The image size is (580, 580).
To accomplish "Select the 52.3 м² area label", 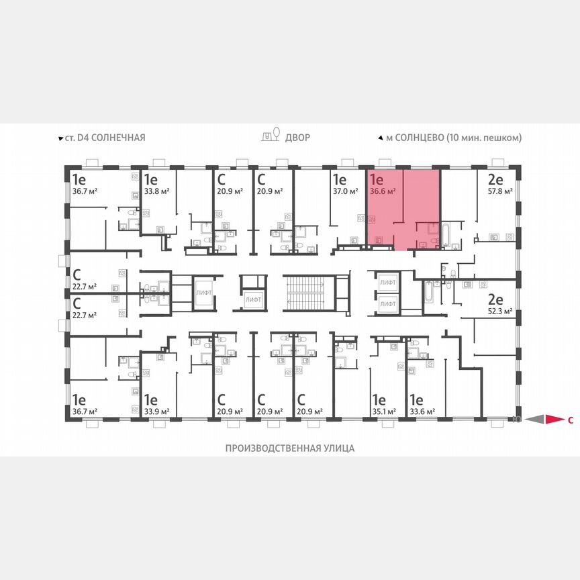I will pos(500,311).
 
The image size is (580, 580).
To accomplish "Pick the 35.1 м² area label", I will pos(383,412).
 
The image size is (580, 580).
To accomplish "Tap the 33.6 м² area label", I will pos(422,412).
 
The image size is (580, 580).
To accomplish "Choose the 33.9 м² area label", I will pos(156,412).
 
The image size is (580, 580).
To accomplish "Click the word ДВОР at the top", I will pos(297,138).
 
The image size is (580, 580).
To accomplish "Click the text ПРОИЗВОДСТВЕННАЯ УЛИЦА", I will pos(289,448).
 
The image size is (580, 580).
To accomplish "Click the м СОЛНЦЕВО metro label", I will pos(454,138).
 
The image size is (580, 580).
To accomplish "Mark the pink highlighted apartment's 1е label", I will pos(376,179).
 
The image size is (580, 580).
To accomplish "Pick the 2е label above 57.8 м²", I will pos(495,179).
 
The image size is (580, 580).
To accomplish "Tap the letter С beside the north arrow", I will pos(570,421).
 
